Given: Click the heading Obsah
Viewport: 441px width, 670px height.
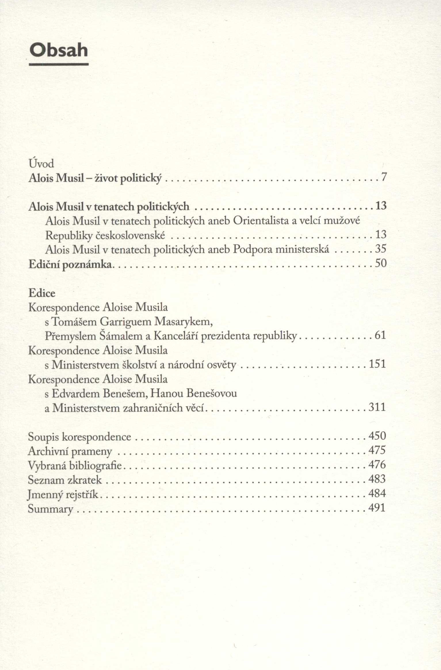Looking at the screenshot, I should (x=59, y=50).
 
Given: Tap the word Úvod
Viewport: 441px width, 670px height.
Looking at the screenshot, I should (x=41, y=164).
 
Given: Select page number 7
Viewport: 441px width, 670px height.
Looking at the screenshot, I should (x=383, y=177).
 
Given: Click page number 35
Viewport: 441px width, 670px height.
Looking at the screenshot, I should (x=381, y=249).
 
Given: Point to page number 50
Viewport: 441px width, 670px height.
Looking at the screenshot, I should (x=381, y=263).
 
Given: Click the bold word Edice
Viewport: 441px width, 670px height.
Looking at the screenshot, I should (x=42, y=293).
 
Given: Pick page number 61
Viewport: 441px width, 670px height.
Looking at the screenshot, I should (x=380, y=335).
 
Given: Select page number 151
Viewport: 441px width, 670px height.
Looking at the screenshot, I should (x=377, y=364).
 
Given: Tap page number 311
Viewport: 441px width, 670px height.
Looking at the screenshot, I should (x=377, y=407).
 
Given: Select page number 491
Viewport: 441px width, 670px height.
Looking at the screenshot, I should (x=377, y=508).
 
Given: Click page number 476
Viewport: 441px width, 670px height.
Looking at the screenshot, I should (x=377, y=465).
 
